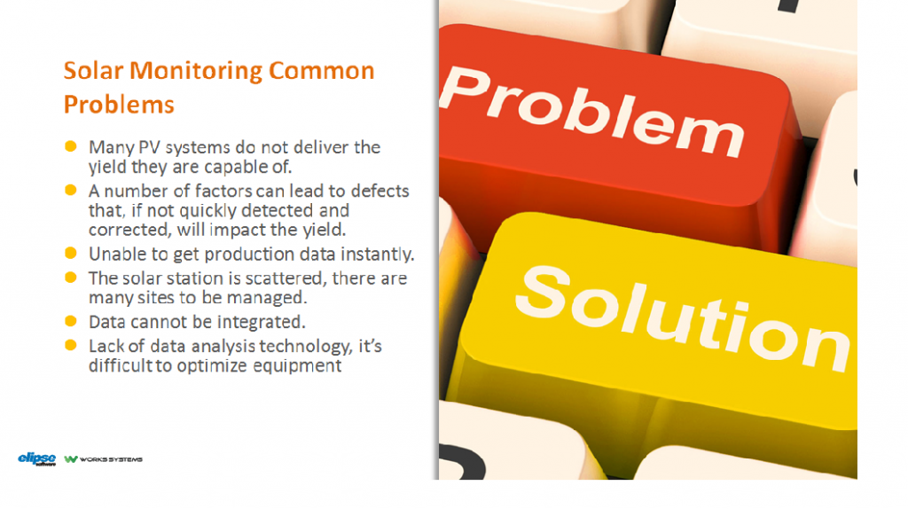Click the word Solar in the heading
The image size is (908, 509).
[x=92, y=71]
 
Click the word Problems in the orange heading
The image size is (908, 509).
[x=119, y=104]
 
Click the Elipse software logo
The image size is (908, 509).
[x=37, y=458]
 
